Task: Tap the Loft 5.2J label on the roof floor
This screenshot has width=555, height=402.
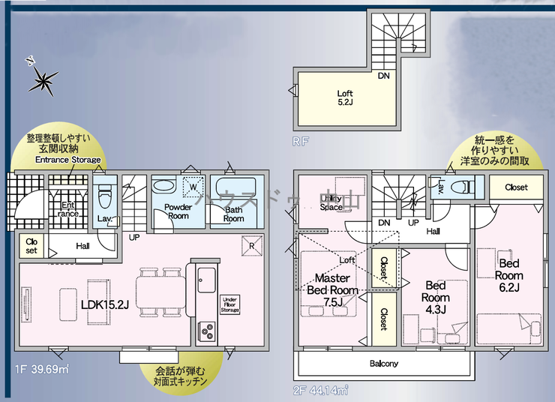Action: tap(345, 98)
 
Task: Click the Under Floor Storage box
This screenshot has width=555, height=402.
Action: tap(229, 304)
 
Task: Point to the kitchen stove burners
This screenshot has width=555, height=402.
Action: tap(206, 329)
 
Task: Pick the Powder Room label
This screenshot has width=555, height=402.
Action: tap(177, 211)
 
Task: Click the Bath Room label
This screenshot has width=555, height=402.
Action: tap(233, 214)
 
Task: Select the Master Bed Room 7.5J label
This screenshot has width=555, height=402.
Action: tap(332, 289)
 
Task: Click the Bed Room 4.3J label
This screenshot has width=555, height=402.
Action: tap(436, 297)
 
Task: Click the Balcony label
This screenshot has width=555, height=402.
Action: tap(384, 364)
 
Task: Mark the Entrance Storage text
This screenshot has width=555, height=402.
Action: tap(67, 160)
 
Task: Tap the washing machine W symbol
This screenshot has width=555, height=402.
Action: tap(193, 187)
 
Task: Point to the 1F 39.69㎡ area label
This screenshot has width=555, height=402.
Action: tap(41, 370)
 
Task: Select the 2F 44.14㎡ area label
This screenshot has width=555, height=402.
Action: tap(322, 390)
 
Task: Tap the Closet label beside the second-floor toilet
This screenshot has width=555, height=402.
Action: tap(515, 187)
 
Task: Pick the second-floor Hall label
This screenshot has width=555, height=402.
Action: tap(433, 232)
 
